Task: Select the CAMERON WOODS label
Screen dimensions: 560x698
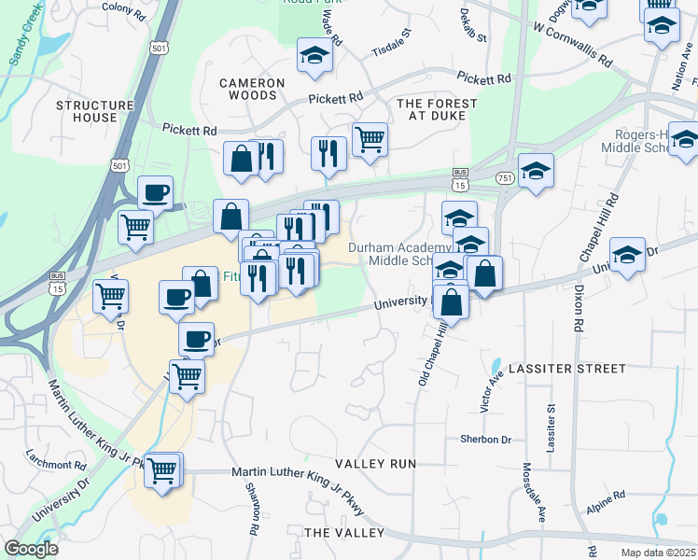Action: tap(252, 89)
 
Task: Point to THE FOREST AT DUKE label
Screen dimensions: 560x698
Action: tap(437, 109)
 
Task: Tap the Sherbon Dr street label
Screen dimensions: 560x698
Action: tap(485, 439)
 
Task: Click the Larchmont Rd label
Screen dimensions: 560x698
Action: tap(56, 461)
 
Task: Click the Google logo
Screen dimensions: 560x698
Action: tap(32, 548)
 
